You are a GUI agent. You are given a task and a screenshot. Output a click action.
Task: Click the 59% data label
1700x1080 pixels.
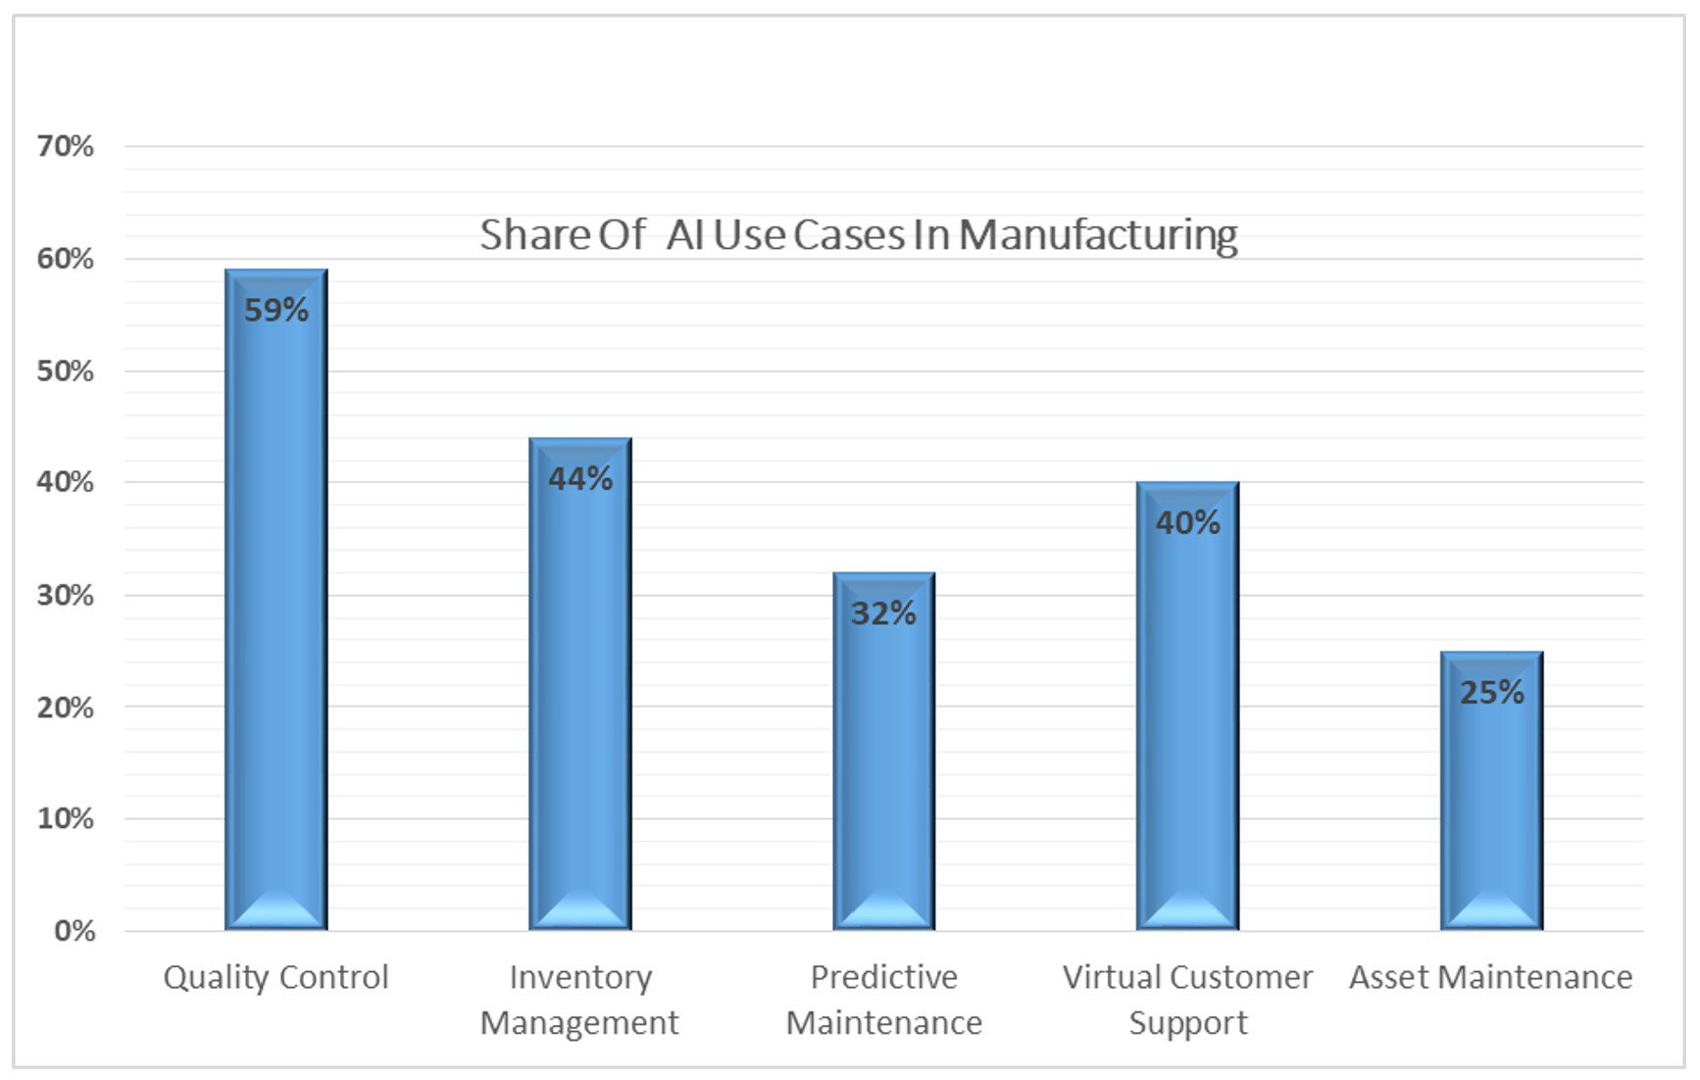[275, 311]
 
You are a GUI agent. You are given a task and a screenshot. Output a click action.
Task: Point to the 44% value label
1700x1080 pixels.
[579, 479]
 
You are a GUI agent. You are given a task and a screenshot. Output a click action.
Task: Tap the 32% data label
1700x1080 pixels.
[883, 614]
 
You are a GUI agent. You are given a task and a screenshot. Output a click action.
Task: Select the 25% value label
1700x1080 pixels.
[1491, 693]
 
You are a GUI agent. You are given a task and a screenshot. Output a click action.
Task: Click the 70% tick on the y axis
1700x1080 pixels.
[65, 147]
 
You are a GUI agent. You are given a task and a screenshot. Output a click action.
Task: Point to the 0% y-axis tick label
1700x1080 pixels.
[75, 930]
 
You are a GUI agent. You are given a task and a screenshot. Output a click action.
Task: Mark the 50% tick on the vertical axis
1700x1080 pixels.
[65, 371]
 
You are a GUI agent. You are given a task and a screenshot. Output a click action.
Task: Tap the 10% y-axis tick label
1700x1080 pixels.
[65, 818]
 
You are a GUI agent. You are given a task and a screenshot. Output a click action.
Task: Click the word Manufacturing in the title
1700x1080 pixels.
[1098, 235]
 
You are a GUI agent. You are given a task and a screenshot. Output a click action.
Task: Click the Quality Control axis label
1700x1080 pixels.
[275, 977]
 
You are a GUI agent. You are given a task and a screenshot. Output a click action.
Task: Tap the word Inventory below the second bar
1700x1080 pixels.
[580, 977]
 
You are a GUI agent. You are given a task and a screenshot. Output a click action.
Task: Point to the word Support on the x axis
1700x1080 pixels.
[1187, 1023]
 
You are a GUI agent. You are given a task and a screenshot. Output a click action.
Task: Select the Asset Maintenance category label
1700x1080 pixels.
[1490, 977]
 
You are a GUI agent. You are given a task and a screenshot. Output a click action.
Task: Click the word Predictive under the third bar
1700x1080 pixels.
[883, 977]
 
